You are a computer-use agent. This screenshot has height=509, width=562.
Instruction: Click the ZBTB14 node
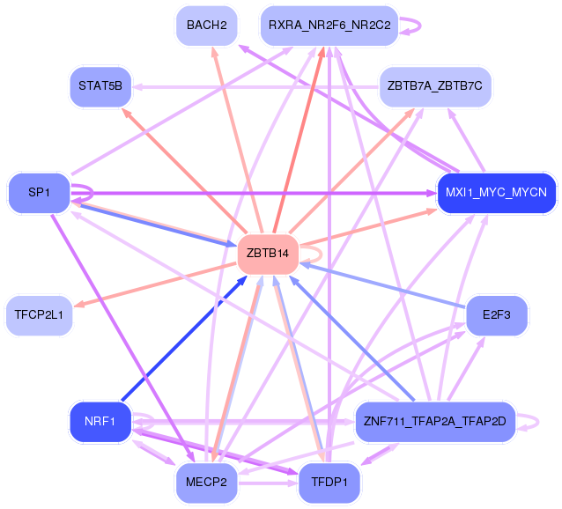tap(268, 254)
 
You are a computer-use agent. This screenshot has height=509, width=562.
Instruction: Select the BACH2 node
tap(207, 26)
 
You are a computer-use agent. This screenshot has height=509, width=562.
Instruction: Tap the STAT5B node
tap(100, 86)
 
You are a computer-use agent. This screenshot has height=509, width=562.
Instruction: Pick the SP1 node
tap(39, 193)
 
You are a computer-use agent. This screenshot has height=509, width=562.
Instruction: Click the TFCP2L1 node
tap(39, 315)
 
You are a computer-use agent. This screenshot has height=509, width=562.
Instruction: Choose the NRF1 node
tap(100, 422)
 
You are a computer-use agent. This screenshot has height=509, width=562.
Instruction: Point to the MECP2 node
tap(206, 483)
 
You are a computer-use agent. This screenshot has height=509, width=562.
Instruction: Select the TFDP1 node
tap(329, 483)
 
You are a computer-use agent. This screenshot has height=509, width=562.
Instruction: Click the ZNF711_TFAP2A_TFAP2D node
tap(435, 422)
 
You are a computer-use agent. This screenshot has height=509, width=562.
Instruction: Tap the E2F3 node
tap(497, 315)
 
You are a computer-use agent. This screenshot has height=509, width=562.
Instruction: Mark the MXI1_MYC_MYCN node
tap(497, 193)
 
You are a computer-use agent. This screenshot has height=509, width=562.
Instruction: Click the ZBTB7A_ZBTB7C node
tap(435, 86)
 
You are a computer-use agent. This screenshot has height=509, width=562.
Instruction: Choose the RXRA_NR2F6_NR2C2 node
tap(329, 26)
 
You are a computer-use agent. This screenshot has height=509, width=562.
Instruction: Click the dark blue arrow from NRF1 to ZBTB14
tap(184, 338)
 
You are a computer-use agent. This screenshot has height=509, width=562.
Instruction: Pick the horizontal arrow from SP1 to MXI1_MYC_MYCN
tap(254, 194)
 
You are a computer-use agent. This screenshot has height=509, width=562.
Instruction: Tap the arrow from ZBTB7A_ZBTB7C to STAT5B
tap(255, 87)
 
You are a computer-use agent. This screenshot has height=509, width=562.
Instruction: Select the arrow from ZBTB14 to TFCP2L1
tap(156, 285)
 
